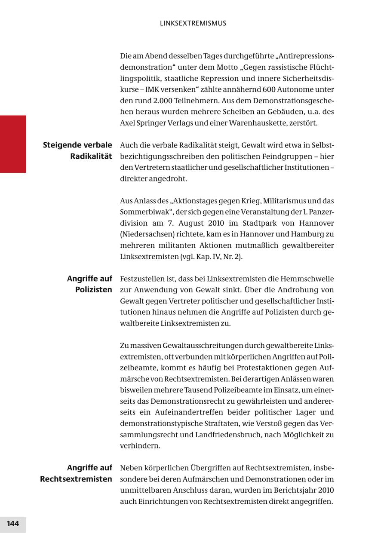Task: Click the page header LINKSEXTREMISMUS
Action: pyautogui.click(x=193, y=23)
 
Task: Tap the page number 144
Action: pyautogui.click(x=13, y=523)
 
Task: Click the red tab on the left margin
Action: pyautogui.click(x=13, y=144)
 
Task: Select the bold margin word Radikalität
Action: pyautogui.click(x=91, y=156)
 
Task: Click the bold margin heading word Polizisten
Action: pyautogui.click(x=94, y=290)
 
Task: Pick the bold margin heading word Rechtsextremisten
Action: pyautogui.click(x=76, y=479)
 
